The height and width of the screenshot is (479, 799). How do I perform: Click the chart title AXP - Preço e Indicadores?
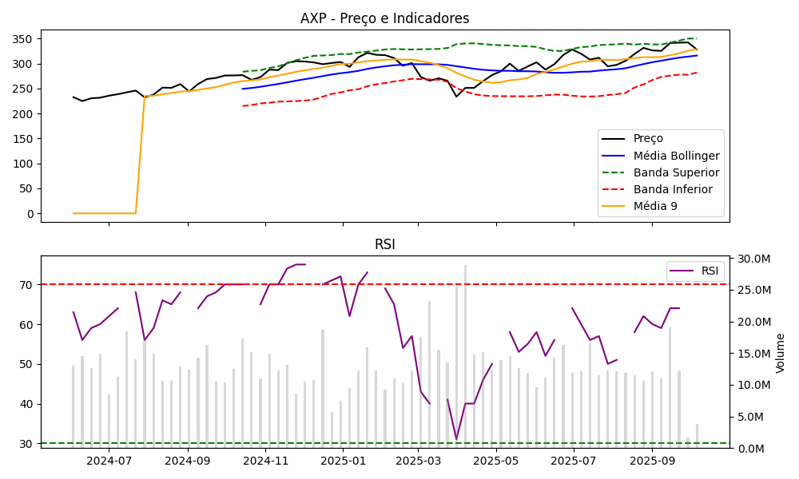coord(384,18)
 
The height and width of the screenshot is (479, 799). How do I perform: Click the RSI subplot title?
coord(384,244)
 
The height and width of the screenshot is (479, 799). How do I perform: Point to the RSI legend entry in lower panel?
coord(710,271)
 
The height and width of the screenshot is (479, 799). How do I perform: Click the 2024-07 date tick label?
coord(109,461)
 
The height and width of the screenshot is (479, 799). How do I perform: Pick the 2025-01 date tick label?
coord(343,461)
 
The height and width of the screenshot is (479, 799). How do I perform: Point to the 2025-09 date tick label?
coord(652,461)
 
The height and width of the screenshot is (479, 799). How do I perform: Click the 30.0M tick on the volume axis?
coord(754,259)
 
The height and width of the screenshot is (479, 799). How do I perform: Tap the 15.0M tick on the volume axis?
coord(754,354)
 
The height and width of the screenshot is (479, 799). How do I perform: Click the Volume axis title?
coord(781,353)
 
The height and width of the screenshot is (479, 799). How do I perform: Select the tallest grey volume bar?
coord(465,356)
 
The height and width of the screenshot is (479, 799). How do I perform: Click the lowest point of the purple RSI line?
coord(456,438)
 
